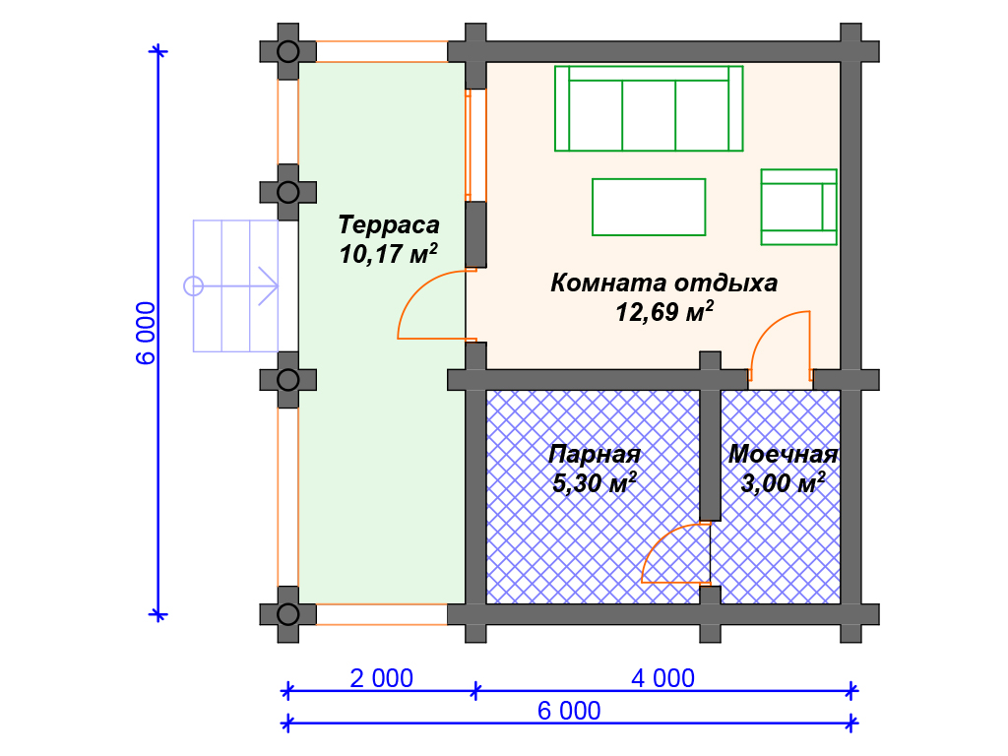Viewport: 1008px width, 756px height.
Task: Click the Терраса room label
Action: (x=388, y=225)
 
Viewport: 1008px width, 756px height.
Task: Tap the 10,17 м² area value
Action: (x=388, y=254)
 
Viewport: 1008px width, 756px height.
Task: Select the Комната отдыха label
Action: (x=664, y=283)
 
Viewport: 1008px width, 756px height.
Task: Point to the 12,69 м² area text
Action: (x=664, y=312)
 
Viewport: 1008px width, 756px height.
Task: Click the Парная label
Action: (x=594, y=454)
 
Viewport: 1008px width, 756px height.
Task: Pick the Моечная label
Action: (x=783, y=454)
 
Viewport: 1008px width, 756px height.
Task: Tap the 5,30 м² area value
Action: (x=594, y=482)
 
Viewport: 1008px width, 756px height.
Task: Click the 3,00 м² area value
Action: (x=783, y=482)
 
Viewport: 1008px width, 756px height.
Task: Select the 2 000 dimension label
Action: (x=381, y=678)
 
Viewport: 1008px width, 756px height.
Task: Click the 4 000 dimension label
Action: (x=662, y=678)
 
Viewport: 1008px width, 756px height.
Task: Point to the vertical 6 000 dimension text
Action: (x=146, y=333)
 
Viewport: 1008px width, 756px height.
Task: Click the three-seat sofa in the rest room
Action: (x=649, y=108)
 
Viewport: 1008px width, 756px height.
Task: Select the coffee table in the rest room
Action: (x=649, y=207)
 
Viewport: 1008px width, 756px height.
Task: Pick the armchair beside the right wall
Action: (x=798, y=207)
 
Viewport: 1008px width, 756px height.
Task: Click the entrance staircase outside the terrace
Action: (x=236, y=286)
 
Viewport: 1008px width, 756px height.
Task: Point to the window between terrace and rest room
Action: (x=468, y=145)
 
